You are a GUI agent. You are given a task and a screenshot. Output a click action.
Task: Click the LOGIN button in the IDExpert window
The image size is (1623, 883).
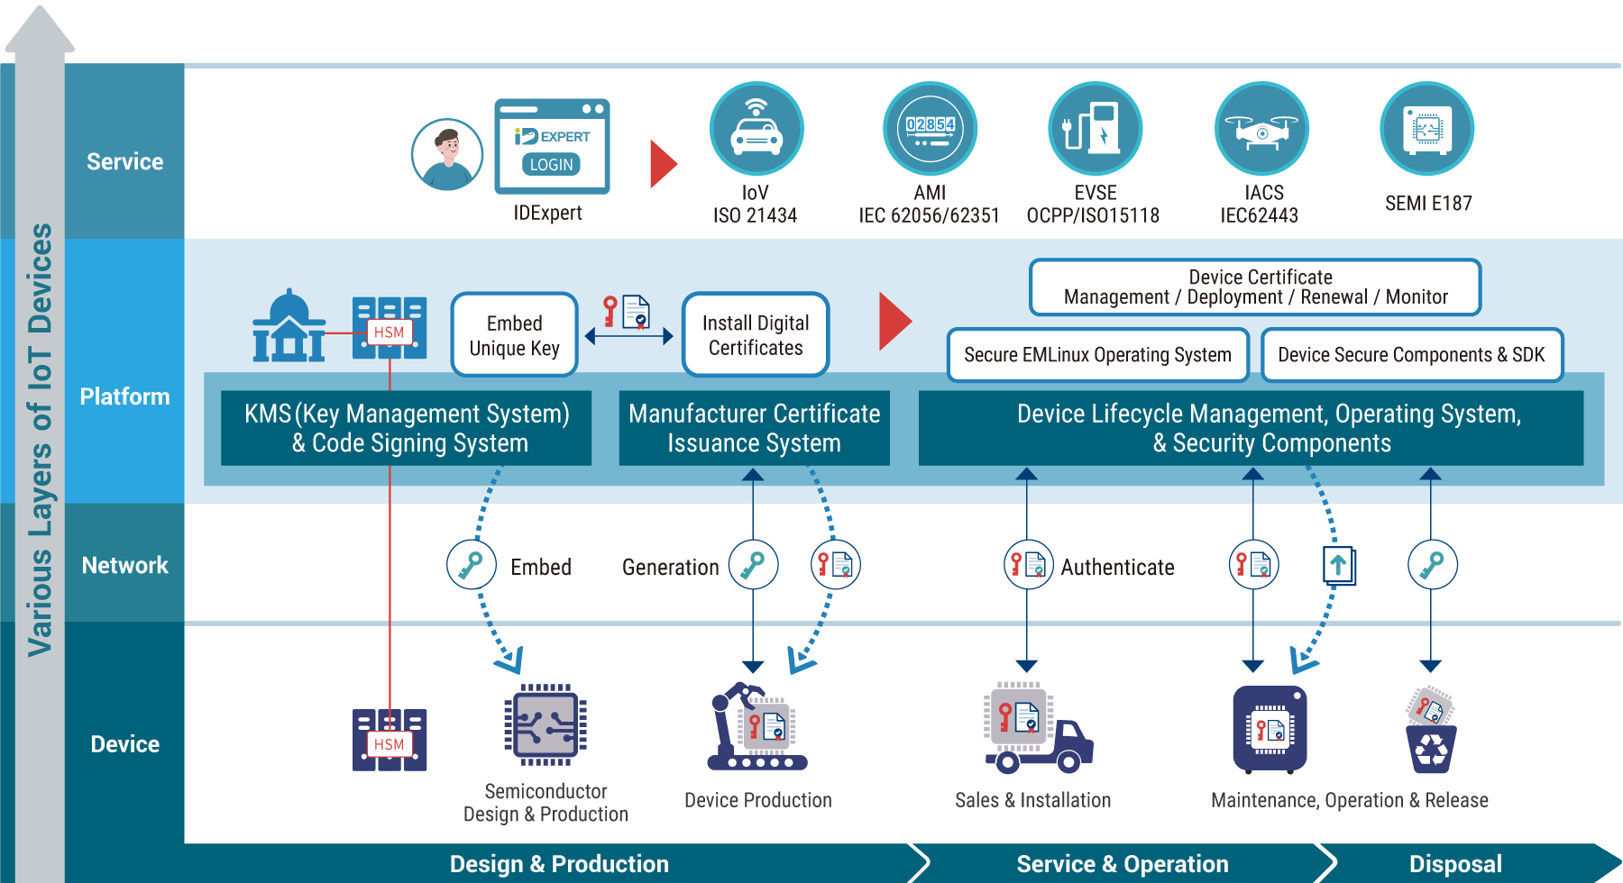[551, 165]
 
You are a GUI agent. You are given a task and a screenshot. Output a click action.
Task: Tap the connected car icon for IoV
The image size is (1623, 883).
[756, 129]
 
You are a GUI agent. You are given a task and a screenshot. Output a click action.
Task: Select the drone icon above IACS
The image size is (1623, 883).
[1261, 129]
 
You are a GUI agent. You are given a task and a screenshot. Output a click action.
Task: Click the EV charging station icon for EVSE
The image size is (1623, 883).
[1095, 129]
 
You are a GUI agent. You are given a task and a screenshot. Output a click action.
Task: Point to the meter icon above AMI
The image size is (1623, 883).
[930, 129]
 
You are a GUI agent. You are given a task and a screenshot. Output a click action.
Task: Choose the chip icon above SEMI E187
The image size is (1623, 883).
[1427, 129]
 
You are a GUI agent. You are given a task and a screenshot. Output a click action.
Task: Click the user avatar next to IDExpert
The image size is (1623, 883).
[447, 154]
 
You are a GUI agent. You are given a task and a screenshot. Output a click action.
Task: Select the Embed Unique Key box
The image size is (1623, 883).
[514, 335]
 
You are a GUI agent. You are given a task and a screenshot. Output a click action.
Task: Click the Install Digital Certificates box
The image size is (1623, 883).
[756, 335]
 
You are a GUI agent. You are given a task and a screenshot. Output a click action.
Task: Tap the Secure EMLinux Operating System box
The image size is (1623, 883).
[1097, 355]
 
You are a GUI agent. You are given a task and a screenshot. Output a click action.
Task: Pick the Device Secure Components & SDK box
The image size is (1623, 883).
[1411, 355]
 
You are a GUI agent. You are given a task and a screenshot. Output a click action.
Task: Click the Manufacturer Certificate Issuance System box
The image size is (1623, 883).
[754, 428]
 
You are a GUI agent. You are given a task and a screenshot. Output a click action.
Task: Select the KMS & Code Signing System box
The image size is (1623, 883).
[407, 428]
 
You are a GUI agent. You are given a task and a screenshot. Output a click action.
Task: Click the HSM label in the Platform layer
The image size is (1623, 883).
[390, 332]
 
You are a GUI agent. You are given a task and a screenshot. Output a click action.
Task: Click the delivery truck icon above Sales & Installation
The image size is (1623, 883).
[1037, 728]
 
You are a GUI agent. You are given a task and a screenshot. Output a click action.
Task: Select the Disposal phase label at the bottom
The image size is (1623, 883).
[1455, 864]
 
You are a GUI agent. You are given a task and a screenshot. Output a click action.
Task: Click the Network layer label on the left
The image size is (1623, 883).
[124, 565]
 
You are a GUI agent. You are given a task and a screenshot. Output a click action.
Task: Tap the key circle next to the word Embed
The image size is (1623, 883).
[472, 565]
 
